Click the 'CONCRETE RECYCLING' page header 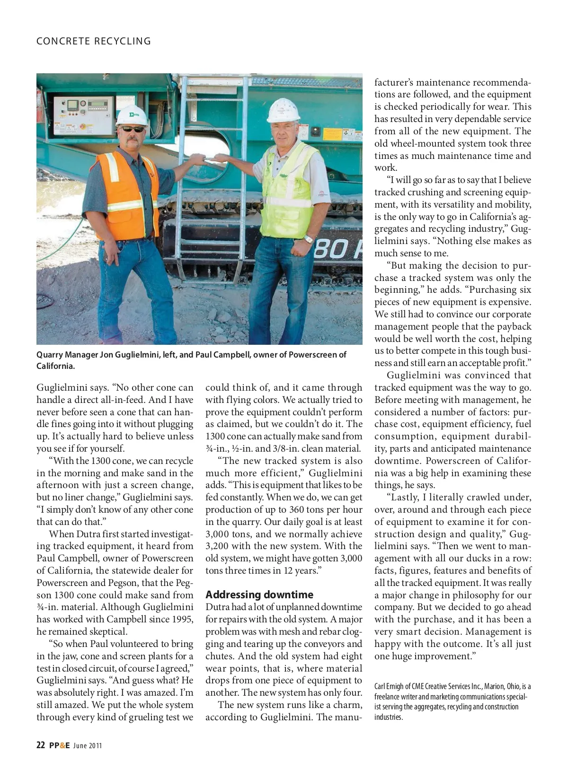pyautogui.click(x=94, y=41)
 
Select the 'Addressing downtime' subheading pyautogui.click(x=259, y=594)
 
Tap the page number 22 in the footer pyautogui.click(x=41, y=746)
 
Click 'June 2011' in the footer pyautogui.click(x=88, y=746)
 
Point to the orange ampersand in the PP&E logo pyautogui.click(x=62, y=746)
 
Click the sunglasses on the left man pyautogui.click(x=132, y=129)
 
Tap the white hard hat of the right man pyautogui.click(x=284, y=110)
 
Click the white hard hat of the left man pyautogui.click(x=133, y=114)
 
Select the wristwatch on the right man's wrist pyautogui.click(x=309, y=239)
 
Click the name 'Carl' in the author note pyautogui.click(x=380, y=686)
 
